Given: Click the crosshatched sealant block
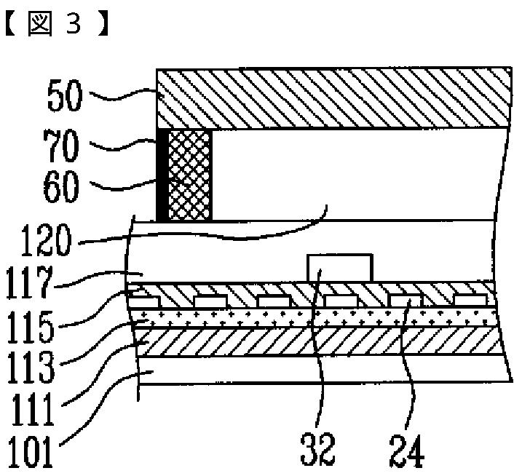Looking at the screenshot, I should tap(189, 174).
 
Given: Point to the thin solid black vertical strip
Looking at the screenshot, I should tap(162, 174).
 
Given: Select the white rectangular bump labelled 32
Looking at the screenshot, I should tap(340, 267).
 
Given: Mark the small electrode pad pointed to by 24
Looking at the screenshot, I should tap(406, 299).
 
